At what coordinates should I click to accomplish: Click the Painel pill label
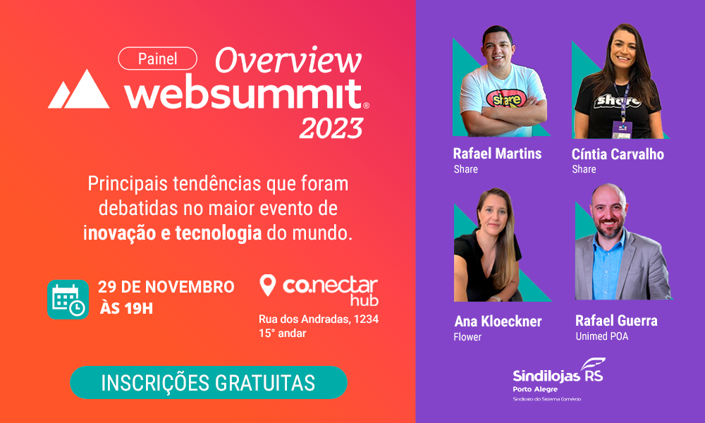(157, 59)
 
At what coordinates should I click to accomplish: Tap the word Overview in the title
(288, 60)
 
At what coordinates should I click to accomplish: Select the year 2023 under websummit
(331, 128)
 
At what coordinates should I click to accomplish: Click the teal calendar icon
(68, 300)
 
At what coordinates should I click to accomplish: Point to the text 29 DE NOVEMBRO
(166, 287)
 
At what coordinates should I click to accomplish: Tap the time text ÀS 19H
(126, 308)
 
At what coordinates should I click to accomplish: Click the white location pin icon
(267, 286)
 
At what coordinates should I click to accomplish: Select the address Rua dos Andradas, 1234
(319, 319)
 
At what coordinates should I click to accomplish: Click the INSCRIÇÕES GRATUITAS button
(209, 383)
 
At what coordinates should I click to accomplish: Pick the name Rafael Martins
(497, 154)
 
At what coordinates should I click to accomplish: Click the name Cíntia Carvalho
(618, 154)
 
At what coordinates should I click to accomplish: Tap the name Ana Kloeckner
(498, 321)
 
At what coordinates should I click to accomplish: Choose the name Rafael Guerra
(616, 321)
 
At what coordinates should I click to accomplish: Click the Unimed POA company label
(602, 336)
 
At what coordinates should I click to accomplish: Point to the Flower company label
(467, 337)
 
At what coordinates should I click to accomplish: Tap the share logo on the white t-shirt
(507, 99)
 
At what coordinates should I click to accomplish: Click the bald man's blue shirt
(608, 266)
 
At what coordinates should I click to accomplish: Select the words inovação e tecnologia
(173, 233)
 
